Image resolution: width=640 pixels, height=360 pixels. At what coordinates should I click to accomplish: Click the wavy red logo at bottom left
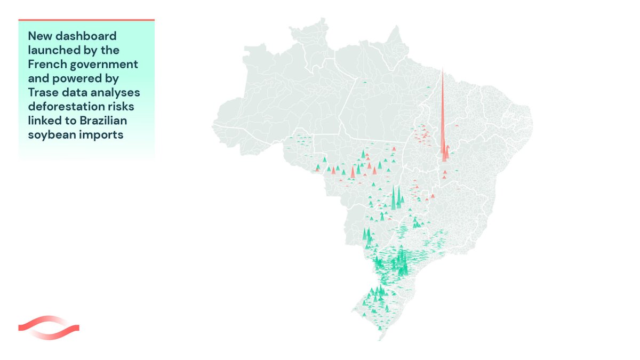click(x=49, y=327)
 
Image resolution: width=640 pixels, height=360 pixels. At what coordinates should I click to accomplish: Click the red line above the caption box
click(x=86, y=20)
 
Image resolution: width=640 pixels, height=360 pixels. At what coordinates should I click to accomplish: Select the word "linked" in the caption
click(x=45, y=120)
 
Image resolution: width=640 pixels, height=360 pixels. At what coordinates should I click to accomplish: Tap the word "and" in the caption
click(x=38, y=78)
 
